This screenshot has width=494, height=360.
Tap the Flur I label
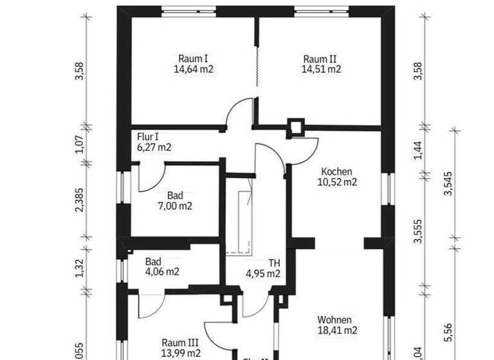[x=148, y=137]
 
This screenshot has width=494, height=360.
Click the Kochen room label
[x=336, y=172]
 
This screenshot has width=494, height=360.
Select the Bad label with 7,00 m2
[x=175, y=195]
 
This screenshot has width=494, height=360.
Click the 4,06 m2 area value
[x=162, y=272]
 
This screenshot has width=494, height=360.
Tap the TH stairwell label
[x=274, y=263]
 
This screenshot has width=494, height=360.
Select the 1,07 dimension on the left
[x=79, y=145]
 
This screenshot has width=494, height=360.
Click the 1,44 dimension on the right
[x=419, y=149]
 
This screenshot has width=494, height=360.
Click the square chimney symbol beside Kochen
[x=297, y=127]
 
